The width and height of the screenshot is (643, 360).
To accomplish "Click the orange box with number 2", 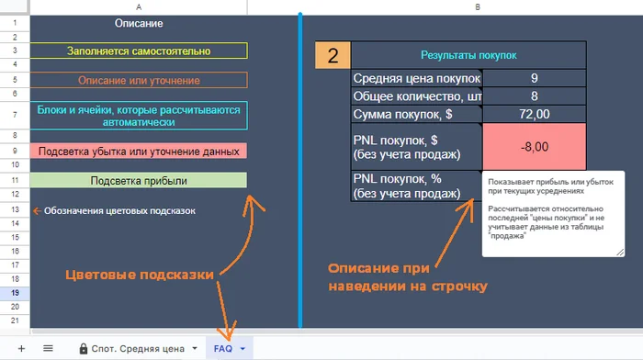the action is click(x=333, y=55).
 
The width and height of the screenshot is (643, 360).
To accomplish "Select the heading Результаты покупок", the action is click(x=468, y=55).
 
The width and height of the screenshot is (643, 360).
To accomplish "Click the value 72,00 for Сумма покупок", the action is click(x=534, y=114).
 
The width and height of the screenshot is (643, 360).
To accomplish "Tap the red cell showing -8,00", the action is click(x=535, y=147).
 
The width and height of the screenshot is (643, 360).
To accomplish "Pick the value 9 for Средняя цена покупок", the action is click(x=534, y=78).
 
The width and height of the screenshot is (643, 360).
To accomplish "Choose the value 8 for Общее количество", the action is click(x=534, y=96).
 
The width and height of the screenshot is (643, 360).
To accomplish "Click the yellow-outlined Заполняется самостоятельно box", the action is click(x=139, y=51).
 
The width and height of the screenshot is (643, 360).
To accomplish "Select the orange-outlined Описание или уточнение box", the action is click(x=139, y=81).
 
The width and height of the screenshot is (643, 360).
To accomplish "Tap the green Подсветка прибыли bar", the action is click(x=139, y=180).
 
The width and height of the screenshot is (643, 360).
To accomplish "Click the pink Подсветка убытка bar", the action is click(x=139, y=151).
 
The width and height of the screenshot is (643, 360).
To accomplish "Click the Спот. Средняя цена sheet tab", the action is click(x=138, y=348).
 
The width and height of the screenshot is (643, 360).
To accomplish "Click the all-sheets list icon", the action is click(x=48, y=348).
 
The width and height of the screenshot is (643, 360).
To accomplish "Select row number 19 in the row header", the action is click(x=16, y=293).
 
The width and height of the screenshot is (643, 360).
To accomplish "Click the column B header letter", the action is click(x=478, y=7).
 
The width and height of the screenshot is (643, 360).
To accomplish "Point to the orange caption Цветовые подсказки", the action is click(x=140, y=275).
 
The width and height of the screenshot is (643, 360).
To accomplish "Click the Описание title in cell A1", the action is click(x=139, y=23).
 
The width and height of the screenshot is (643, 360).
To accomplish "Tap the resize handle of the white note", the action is click(x=620, y=253).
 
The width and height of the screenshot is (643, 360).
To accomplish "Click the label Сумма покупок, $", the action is click(x=402, y=114).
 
